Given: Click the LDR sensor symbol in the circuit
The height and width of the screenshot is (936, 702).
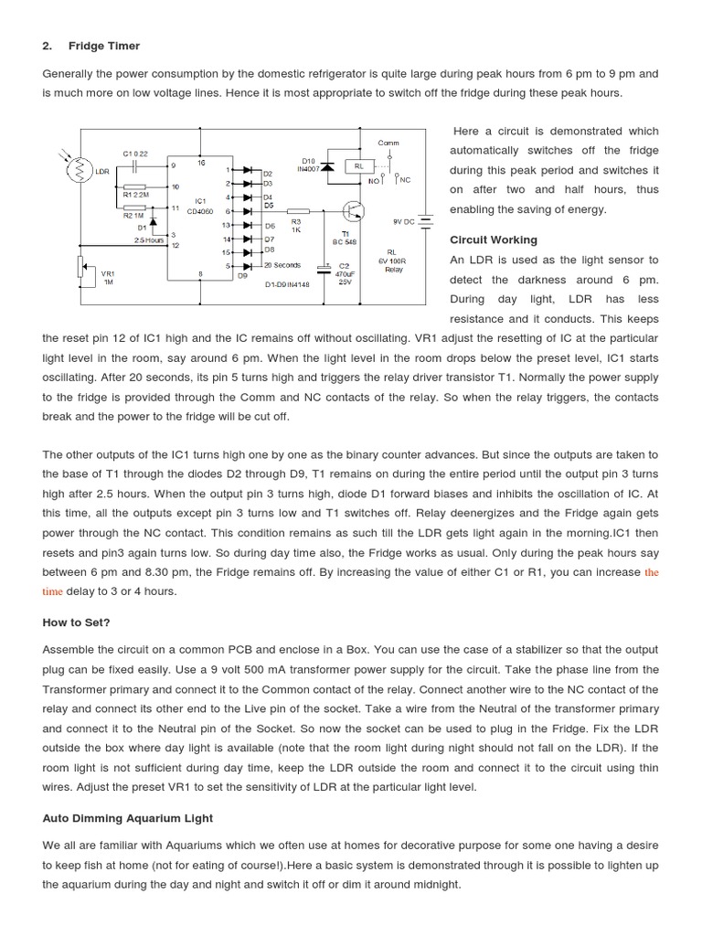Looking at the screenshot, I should point(79,171).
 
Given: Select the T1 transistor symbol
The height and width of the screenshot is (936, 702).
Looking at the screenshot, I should point(354,211).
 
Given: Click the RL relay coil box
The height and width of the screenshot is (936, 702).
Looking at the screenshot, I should point(359,166).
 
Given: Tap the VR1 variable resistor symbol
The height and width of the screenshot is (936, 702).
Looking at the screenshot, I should point(80,268).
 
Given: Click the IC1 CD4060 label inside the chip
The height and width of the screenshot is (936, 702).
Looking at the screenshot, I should point(200,207).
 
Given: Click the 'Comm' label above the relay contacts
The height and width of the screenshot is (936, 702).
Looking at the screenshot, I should point(388,143).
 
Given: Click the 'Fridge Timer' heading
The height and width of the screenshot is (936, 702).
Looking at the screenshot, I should point(109,46).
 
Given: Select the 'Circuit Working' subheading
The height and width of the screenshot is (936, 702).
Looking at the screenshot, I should point(494,239).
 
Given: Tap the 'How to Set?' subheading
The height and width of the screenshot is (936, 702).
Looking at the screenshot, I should point(76,622).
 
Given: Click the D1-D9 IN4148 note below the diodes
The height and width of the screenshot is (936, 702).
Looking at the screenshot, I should point(290,284).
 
